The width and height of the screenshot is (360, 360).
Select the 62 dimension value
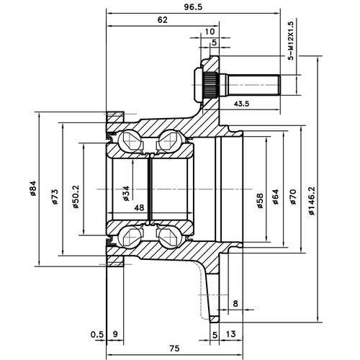point(161,20)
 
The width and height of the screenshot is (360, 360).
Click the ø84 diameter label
point(33,189)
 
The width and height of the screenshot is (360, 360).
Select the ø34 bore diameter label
point(126,192)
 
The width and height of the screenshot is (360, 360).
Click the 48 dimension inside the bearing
point(138,208)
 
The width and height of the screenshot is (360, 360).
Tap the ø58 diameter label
point(259,199)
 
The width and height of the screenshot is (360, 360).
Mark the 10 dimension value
point(209,32)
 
